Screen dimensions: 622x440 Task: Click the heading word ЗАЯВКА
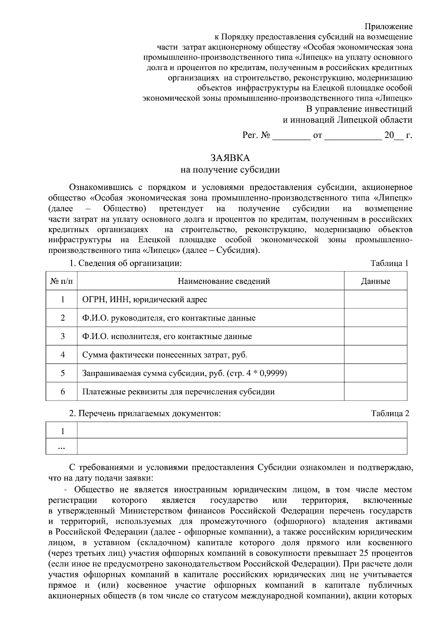230,158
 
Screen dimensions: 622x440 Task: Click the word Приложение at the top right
389,26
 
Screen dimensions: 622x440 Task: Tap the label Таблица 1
389,263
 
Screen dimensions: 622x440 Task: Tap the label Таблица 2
390,414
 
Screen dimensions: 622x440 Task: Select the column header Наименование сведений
224,281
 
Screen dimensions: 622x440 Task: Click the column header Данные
375,281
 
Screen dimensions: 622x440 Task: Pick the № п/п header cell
62,281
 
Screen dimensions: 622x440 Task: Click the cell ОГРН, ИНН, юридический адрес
145,300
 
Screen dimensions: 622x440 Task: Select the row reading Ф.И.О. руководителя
169,318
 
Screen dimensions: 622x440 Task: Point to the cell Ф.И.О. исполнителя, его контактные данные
167,336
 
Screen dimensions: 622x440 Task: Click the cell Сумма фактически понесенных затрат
165,355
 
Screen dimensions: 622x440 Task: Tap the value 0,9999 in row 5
272,373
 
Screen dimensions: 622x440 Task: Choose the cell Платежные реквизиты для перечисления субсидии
178,392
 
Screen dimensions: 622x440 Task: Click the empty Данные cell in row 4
375,355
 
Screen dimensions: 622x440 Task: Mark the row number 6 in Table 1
63,392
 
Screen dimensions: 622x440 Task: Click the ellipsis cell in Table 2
62,447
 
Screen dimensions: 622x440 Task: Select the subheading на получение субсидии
230,170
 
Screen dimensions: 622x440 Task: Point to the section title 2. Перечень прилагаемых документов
145,414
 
